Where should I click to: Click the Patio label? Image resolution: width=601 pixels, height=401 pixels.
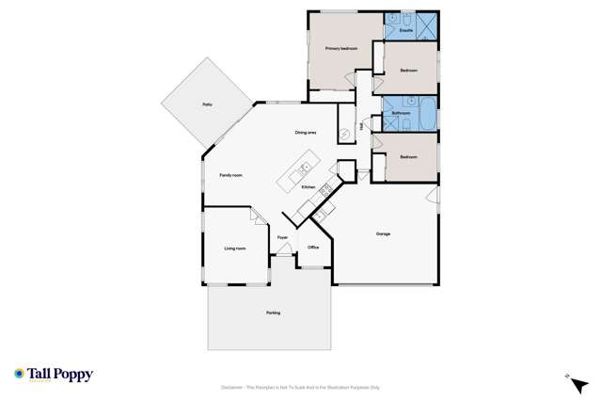point(206,104)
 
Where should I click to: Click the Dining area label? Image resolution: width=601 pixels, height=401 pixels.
point(306,133)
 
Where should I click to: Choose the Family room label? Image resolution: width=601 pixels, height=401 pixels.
point(231,175)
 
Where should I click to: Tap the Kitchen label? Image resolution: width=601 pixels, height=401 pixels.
point(308,187)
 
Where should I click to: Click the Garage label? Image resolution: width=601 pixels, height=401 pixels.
point(383,233)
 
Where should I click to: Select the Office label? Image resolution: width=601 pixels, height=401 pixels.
point(313,247)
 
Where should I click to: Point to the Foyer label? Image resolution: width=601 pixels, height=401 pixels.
point(282,239)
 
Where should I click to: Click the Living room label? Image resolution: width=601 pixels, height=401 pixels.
point(235,249)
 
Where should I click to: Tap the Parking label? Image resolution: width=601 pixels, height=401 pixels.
point(273,313)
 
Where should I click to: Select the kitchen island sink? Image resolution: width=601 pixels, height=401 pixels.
point(304,170)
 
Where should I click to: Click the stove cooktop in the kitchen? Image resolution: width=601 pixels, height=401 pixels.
point(325,190)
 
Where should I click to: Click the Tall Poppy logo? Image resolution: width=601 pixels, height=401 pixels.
point(54,375)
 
